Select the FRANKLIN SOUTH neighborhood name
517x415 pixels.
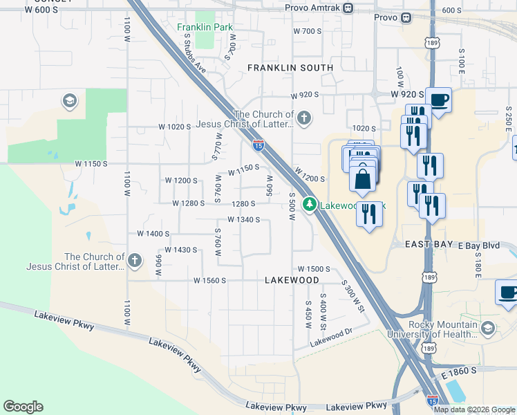[290, 68]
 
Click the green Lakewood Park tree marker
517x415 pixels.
[311, 205]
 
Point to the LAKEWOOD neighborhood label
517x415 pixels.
[292, 280]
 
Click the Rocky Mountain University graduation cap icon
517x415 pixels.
[489, 327]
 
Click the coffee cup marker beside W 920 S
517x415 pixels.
[438, 100]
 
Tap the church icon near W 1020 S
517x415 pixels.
[304, 119]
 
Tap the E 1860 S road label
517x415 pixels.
[459, 371]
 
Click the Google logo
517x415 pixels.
[23, 407]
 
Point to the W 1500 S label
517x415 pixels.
[314, 268]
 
